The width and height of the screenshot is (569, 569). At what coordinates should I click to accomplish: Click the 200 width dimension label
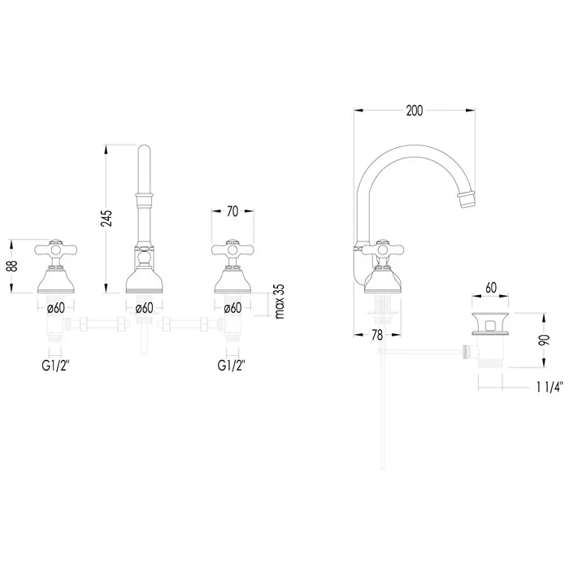[x=415, y=111]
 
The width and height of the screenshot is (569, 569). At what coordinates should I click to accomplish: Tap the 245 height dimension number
[x=106, y=219]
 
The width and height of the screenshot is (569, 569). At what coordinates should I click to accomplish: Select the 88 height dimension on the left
[x=12, y=266]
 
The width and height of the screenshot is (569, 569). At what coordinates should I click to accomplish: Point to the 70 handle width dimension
[x=232, y=211]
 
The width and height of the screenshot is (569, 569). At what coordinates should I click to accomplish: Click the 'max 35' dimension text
[x=280, y=302]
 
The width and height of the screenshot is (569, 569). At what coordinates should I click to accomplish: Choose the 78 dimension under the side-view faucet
[x=377, y=335]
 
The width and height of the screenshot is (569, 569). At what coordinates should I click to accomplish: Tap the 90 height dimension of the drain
[x=544, y=340]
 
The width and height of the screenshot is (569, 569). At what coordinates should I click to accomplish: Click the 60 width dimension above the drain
[x=491, y=288]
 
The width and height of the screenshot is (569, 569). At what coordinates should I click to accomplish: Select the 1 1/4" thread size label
[x=549, y=387]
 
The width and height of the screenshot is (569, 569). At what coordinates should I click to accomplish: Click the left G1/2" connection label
[x=55, y=366]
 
